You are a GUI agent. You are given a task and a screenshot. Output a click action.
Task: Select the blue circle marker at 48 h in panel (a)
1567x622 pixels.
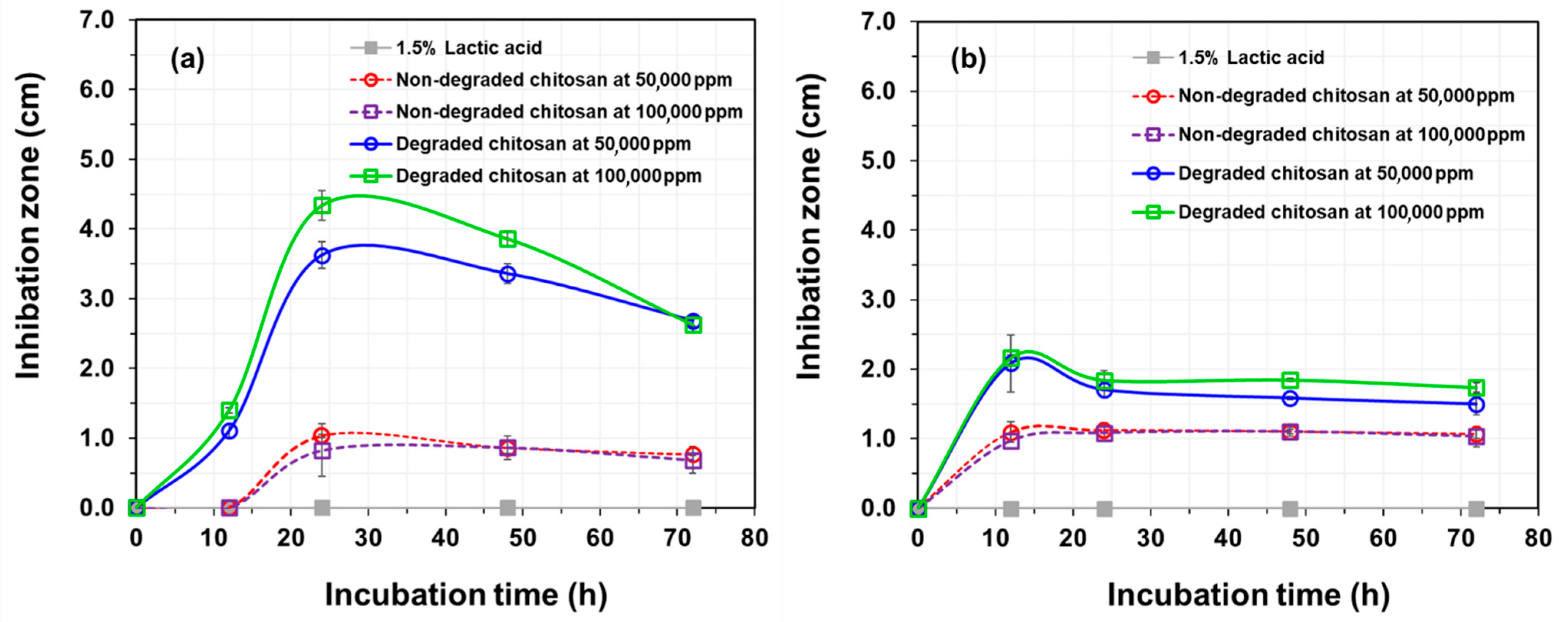pos(508,274)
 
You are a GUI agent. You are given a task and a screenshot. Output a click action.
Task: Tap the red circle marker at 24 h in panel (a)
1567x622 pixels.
pos(322,435)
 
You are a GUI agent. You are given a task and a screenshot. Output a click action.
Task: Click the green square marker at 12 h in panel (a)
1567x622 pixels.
pos(229,410)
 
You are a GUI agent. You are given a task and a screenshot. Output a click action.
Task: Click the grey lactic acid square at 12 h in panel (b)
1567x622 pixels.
pos(1011,508)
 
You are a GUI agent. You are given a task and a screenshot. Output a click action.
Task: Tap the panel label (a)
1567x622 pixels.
pos(187,59)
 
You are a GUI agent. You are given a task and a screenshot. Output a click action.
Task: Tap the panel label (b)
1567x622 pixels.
pos(968,59)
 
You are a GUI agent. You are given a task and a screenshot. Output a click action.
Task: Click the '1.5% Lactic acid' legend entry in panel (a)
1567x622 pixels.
pos(468,48)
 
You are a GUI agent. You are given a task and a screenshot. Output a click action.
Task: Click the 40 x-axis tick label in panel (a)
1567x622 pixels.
pos(445,538)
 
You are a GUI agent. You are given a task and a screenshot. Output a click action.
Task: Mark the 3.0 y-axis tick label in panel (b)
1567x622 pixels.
pos(878,300)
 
